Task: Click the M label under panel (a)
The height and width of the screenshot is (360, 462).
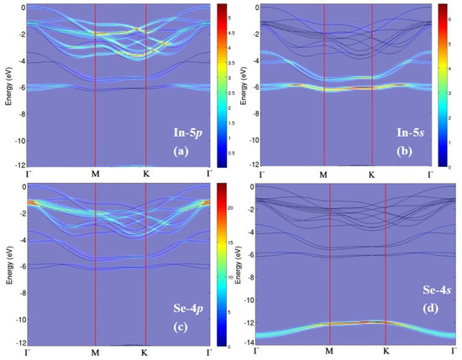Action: tap(95, 176)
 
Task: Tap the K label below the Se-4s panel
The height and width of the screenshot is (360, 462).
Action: tap(385, 353)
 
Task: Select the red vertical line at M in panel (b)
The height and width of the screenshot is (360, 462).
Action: tap(323, 84)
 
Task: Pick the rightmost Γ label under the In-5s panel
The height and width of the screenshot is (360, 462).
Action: tap(430, 176)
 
